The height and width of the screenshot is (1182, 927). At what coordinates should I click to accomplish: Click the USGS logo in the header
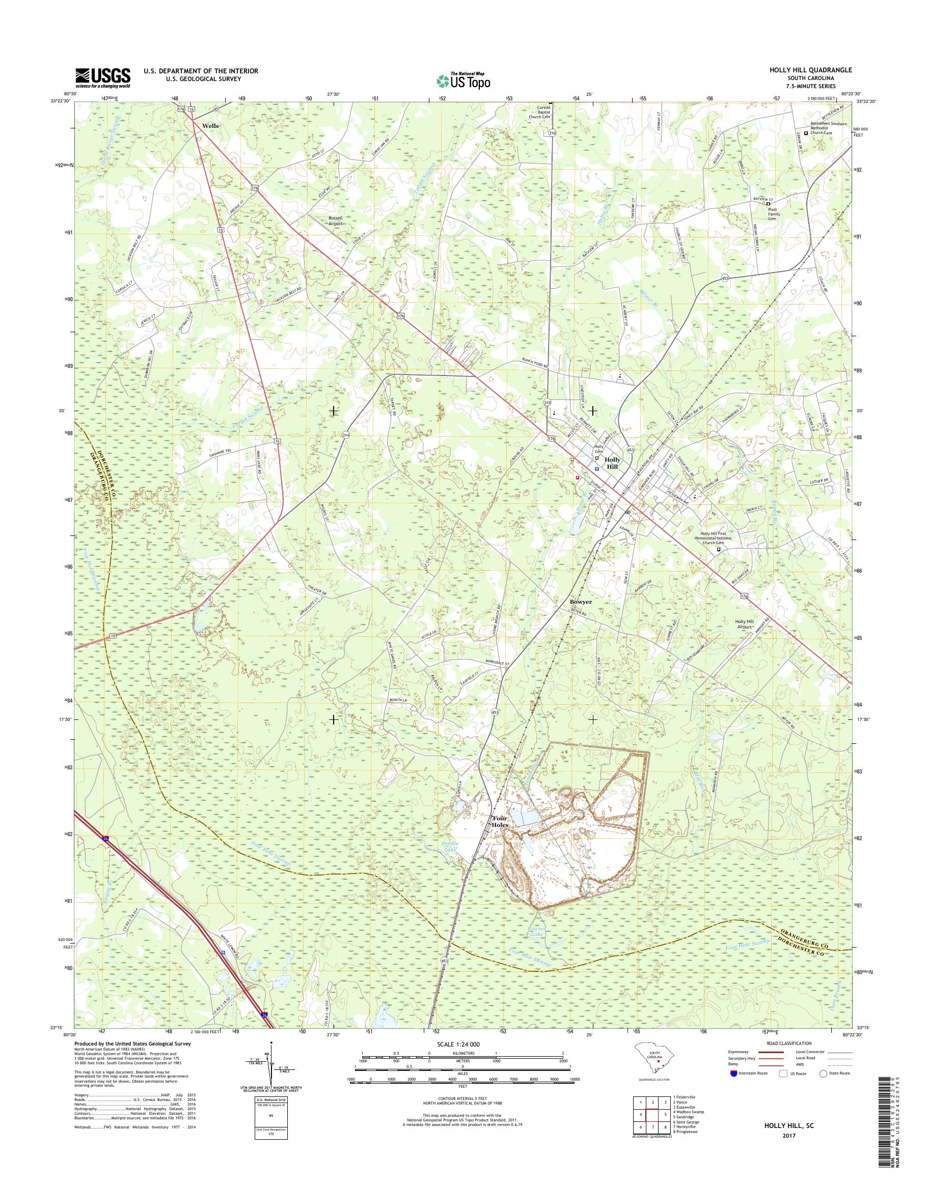(103, 77)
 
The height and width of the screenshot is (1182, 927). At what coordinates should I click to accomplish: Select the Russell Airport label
(336, 220)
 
